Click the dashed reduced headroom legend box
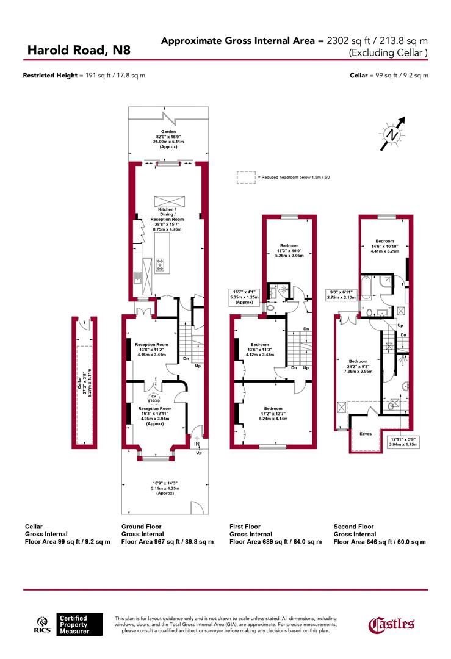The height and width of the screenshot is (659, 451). tap(246, 177)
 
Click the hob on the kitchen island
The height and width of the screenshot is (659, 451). tap(160, 264)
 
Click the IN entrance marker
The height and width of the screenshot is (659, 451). tap(197, 445)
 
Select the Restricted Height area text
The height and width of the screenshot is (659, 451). tap(84, 76)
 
